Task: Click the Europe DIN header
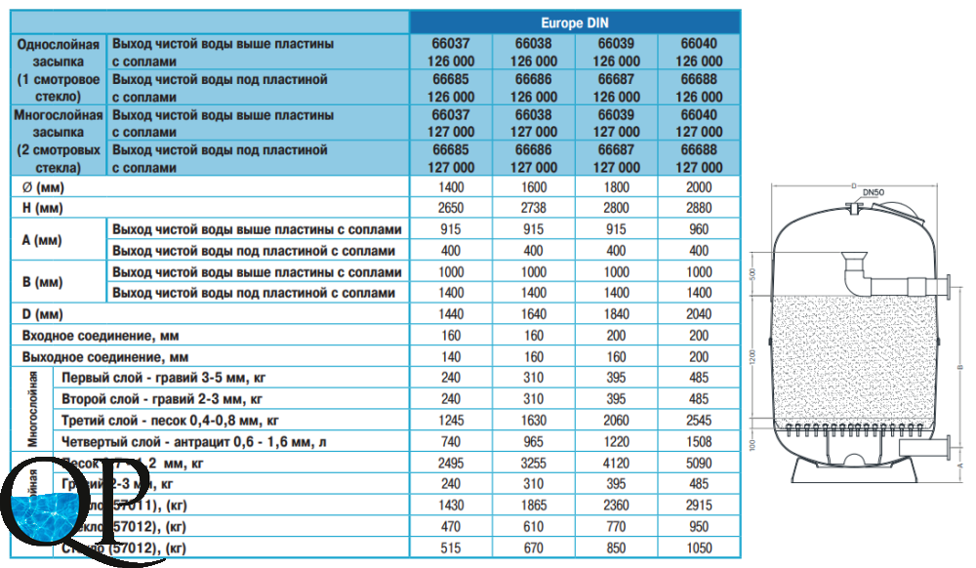(x=576, y=20)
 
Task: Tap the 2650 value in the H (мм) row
(x=451, y=207)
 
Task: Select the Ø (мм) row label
(x=43, y=185)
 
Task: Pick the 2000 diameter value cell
(x=700, y=185)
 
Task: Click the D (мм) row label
(x=43, y=314)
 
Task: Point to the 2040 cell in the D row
(x=700, y=314)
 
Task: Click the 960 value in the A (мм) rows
(x=700, y=228)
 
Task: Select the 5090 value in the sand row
(x=700, y=464)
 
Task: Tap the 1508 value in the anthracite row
(x=700, y=442)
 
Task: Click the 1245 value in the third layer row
(x=451, y=421)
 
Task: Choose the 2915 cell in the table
(x=700, y=507)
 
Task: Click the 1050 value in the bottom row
(x=700, y=548)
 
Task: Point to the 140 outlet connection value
(x=451, y=356)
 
